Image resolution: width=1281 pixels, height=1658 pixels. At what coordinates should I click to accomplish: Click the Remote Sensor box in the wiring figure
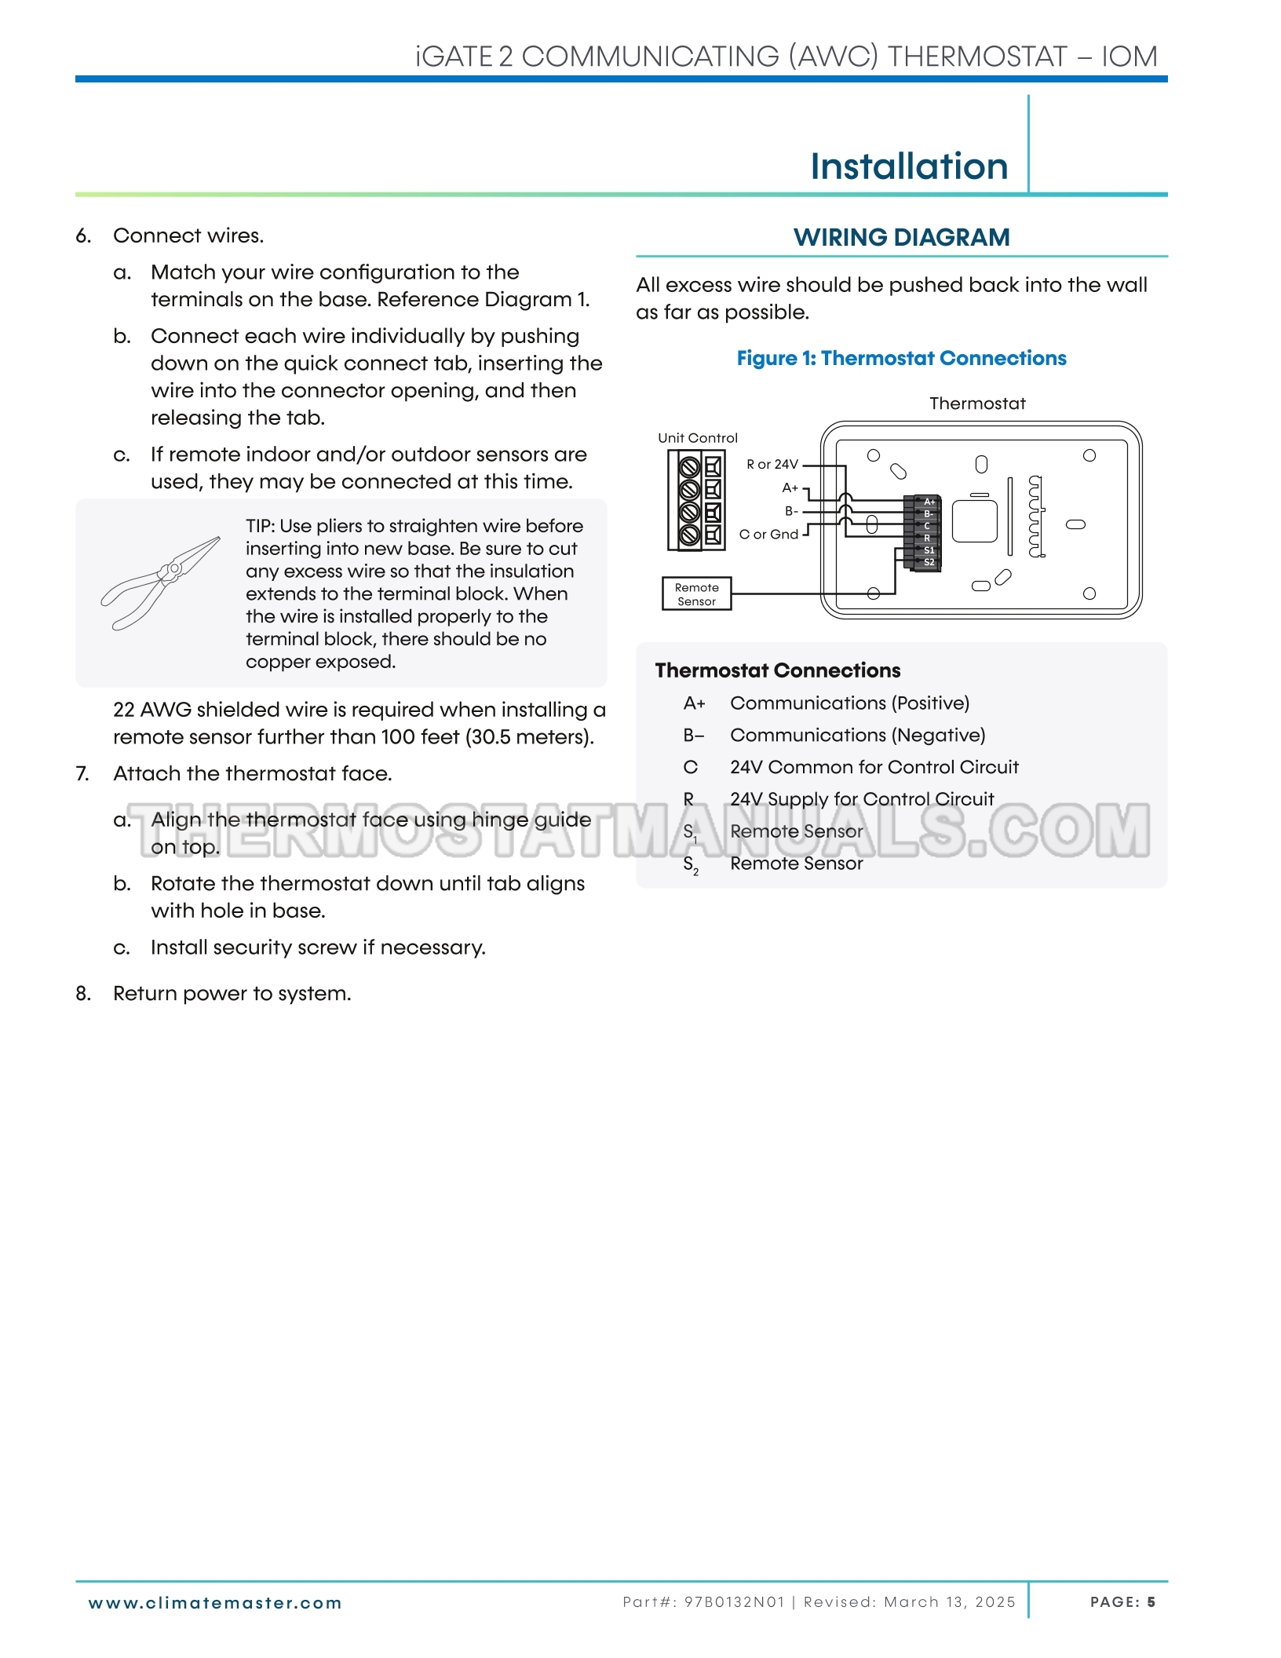[x=696, y=594]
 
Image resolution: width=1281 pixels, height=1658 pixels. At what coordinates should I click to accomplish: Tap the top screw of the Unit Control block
[x=689, y=468]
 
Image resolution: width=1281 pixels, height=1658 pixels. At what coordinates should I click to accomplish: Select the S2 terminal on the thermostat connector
[x=929, y=562]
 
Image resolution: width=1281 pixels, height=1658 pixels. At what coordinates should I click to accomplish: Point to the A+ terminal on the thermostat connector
[x=929, y=502]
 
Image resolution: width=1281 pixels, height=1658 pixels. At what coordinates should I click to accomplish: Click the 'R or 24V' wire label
[x=772, y=465]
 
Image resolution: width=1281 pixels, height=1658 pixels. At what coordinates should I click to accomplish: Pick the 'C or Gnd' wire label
[x=768, y=535]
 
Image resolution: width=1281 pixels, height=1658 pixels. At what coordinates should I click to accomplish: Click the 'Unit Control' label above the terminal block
[x=698, y=438]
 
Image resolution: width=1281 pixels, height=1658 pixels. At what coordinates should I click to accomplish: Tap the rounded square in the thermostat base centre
[x=974, y=521]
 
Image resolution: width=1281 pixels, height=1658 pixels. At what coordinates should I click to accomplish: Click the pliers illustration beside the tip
[x=161, y=582]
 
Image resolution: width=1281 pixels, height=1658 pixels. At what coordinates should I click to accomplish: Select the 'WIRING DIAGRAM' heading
[x=901, y=237]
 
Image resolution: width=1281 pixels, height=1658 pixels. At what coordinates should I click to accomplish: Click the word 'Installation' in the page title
[x=909, y=166]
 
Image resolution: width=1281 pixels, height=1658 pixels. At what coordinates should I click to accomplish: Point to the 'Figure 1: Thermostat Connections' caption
[x=901, y=359]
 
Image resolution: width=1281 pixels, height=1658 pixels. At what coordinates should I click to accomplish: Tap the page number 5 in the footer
[x=1151, y=1602]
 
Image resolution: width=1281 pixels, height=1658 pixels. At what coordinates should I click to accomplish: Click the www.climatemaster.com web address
[x=215, y=1603]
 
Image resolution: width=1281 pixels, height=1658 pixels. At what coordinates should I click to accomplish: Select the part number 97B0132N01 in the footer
[x=734, y=1602]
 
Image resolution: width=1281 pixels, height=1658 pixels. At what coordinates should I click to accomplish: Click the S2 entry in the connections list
[x=691, y=864]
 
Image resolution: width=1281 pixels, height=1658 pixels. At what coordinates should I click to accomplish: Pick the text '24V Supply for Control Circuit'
[x=862, y=799]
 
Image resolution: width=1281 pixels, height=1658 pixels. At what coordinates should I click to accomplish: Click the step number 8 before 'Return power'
[x=82, y=994]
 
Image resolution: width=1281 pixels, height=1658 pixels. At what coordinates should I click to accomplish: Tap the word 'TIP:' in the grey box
[x=260, y=526]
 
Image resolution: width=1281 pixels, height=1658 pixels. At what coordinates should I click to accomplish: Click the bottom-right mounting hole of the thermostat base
[x=1089, y=593]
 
